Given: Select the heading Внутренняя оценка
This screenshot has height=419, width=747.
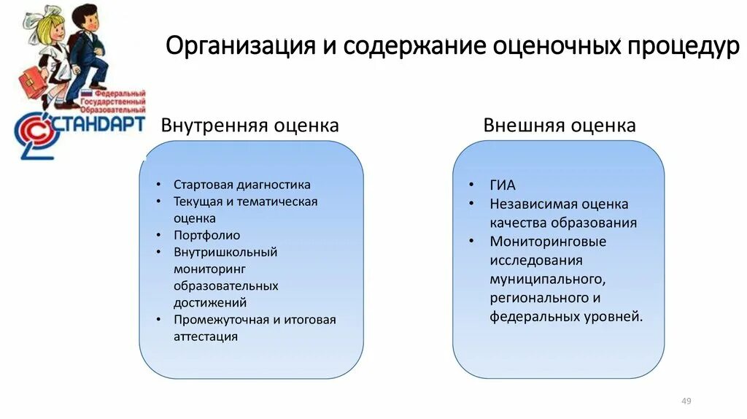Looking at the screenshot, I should [x=250, y=126].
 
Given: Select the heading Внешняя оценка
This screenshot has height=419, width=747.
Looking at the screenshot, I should [x=560, y=126].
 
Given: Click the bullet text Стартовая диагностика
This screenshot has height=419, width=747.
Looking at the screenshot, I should [x=242, y=185].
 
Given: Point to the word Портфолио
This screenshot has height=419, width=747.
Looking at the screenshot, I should [x=206, y=235].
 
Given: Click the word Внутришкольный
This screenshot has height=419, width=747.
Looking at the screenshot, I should [x=225, y=252].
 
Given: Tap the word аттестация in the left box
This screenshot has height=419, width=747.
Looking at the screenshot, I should [x=206, y=337].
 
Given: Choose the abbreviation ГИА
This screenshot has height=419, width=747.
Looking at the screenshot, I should [x=503, y=185].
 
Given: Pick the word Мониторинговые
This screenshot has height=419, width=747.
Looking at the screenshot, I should [x=548, y=242].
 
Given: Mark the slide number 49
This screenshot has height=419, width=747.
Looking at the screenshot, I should [x=686, y=401].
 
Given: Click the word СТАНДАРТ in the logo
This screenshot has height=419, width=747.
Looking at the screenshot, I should [x=98, y=124].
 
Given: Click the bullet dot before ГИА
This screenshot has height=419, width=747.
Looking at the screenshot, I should [x=473, y=185].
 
